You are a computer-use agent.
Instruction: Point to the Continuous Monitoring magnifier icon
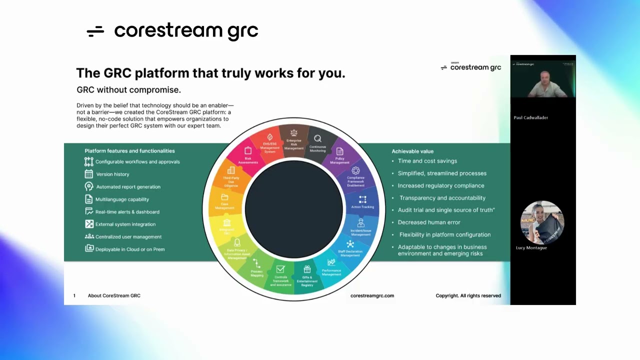coord(317,139)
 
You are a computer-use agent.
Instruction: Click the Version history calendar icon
coord(89,174)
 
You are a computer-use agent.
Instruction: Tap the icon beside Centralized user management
coord(89,236)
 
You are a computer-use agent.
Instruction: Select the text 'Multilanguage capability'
coord(122,199)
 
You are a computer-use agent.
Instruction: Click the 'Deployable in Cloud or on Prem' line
coord(130,249)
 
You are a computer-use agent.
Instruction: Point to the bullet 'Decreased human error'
coord(429,222)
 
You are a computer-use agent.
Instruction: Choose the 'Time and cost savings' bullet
coord(427,161)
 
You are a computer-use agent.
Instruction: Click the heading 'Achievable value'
coord(412,151)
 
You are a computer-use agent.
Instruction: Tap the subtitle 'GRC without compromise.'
coord(128,90)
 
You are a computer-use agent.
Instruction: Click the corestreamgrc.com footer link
coord(372,295)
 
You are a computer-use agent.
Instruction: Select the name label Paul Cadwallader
coord(531,117)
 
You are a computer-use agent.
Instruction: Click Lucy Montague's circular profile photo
coord(542,222)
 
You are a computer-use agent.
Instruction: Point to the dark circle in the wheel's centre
coord(294,209)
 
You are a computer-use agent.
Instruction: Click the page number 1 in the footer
coord(74,295)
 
